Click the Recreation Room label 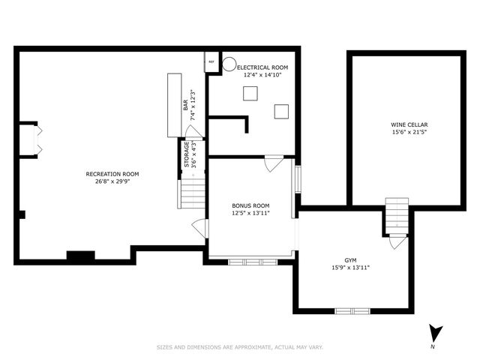coord(112,174)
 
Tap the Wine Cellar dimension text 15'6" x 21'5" coord(409,132)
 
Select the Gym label coord(350,260)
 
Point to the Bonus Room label coord(250,205)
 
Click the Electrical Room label coord(262,67)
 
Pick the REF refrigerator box coord(211,61)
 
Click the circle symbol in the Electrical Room coord(229,64)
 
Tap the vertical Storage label coord(187,154)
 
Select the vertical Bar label coord(186,105)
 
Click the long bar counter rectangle coord(175,105)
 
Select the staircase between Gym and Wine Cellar coord(397,216)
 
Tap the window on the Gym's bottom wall coord(352,311)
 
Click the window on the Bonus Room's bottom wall coord(253,262)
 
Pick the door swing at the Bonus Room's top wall coord(274,163)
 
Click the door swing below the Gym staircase coord(397,241)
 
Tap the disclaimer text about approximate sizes coord(240,347)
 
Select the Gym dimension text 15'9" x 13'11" coord(350,268)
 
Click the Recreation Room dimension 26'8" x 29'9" coord(112,181)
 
